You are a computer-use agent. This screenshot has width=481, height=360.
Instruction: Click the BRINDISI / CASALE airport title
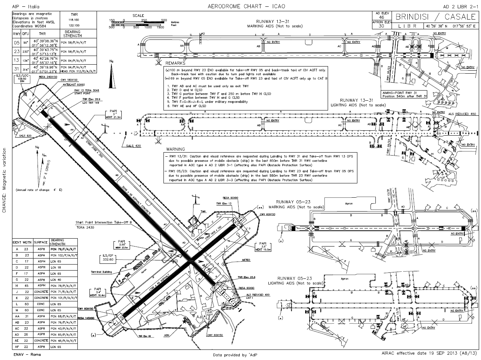435,17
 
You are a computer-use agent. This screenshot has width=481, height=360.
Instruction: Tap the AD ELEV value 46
381,17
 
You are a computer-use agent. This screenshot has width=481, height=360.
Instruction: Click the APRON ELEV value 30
381,26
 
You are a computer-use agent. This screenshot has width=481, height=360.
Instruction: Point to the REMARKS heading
175,64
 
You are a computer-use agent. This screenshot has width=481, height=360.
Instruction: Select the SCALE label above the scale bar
138,15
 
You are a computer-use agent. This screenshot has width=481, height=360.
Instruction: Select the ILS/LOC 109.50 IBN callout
23,80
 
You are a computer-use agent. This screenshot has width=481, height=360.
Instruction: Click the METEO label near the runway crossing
246,260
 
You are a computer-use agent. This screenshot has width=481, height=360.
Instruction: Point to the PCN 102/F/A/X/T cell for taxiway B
63,255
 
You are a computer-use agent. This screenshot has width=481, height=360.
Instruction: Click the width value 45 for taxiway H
27,286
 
